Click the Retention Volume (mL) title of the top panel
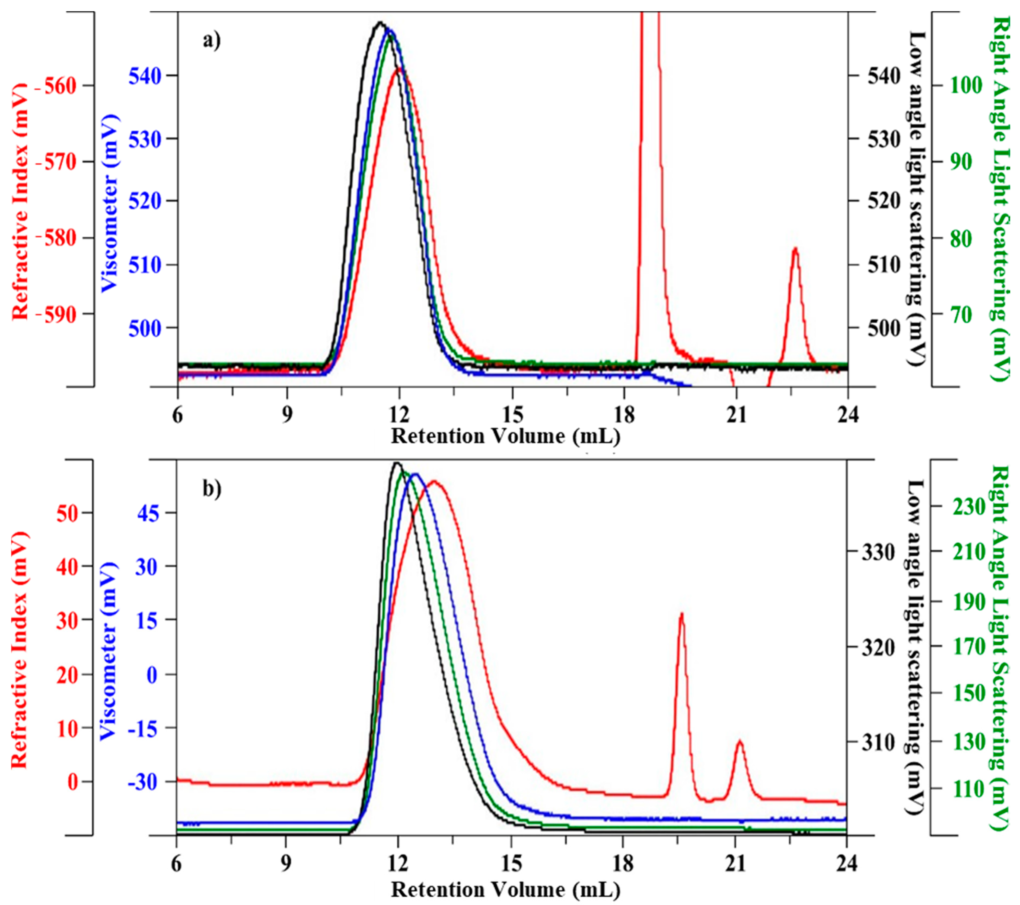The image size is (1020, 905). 505,436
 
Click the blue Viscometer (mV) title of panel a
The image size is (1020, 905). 109,202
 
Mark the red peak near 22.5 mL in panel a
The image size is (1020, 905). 795,249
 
